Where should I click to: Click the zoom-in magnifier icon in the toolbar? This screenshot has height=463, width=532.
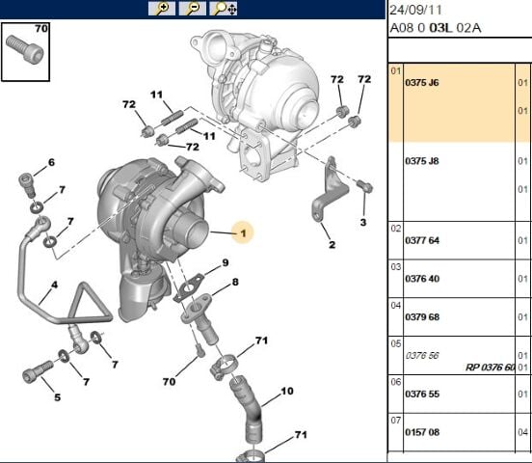pyautogui.click(x=162, y=9)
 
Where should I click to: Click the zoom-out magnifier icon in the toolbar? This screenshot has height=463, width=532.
pyautogui.click(x=193, y=9)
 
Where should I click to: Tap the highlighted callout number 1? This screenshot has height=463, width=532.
pyautogui.click(x=243, y=232)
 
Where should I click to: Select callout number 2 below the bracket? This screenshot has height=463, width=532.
pyautogui.click(x=331, y=245)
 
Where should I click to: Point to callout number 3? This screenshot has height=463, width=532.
pyautogui.click(x=363, y=223)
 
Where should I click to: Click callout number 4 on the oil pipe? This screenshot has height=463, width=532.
pyautogui.click(x=54, y=286)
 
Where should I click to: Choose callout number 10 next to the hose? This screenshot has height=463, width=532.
pyautogui.click(x=286, y=392)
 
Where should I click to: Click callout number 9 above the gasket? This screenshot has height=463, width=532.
pyautogui.click(x=225, y=263)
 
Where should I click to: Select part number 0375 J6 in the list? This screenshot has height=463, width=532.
pyautogui.click(x=422, y=83)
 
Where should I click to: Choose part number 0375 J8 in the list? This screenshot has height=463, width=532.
pyautogui.click(x=422, y=160)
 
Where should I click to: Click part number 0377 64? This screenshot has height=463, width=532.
pyautogui.click(x=422, y=240)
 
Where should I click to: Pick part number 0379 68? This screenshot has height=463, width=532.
pyautogui.click(x=422, y=317)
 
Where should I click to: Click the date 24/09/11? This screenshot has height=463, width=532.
pyautogui.click(x=415, y=10)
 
